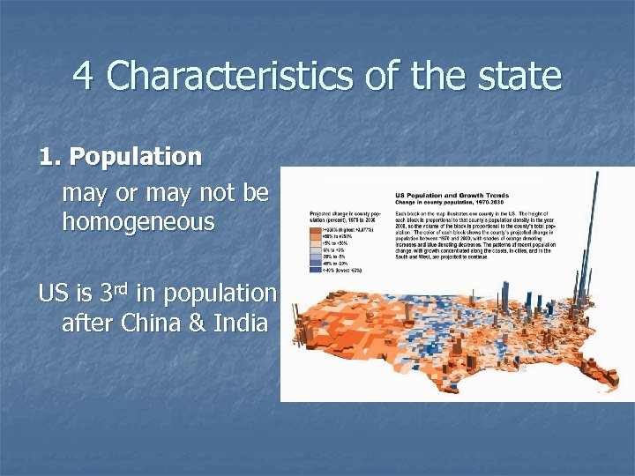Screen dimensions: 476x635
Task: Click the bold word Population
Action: coord(136,157)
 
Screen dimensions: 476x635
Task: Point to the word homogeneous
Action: coord(138,222)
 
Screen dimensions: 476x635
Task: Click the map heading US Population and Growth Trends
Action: coord(448,195)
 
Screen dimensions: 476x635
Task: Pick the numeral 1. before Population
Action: coord(50,157)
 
